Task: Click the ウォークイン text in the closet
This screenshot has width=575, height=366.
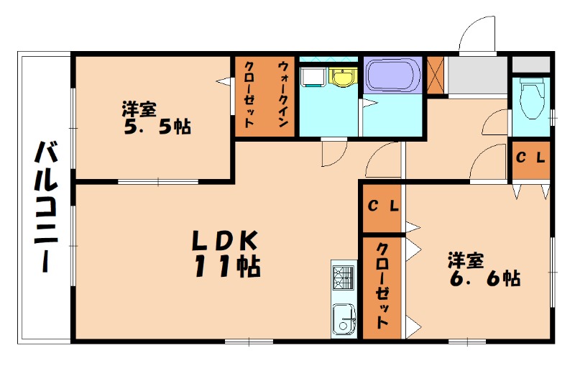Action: [283, 94]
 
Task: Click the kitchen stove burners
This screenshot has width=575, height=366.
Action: [344, 278]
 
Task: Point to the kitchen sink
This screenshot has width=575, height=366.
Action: [344, 316]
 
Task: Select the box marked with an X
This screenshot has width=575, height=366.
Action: [436, 74]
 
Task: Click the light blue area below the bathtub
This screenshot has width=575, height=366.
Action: [394, 115]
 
